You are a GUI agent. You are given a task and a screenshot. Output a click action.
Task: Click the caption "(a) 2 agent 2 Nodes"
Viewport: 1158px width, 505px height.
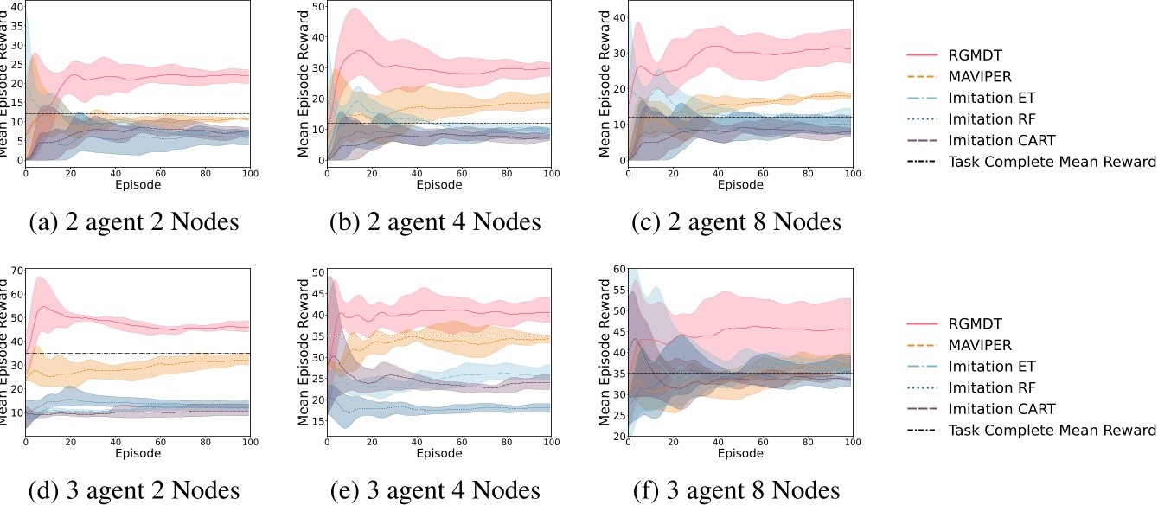tap(133, 223)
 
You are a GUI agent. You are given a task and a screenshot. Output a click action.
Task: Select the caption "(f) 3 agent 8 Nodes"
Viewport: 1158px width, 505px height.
tap(738, 491)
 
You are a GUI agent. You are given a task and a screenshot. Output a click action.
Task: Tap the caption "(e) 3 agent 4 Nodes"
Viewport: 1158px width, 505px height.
tap(435, 491)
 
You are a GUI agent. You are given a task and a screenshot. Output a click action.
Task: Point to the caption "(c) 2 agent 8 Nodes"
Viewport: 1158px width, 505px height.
tap(738, 223)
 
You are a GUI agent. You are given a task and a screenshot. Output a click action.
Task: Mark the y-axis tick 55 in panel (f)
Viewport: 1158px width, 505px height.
tap(619, 290)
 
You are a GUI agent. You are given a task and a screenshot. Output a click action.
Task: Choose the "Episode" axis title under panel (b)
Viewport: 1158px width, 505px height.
tap(439, 184)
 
